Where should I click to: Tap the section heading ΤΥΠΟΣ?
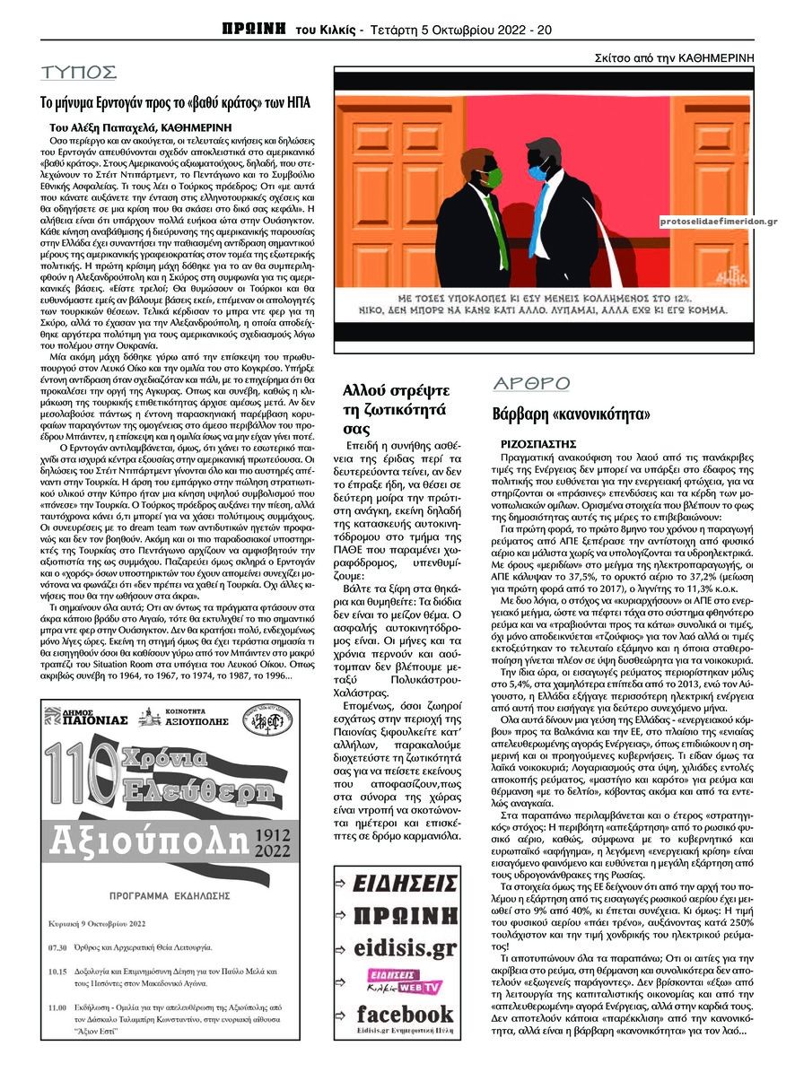coord(79,73)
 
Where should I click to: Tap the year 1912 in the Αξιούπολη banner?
coord(272,833)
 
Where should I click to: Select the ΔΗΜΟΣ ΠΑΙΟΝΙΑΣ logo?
coord(86,719)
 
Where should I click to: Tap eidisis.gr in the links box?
coord(405,947)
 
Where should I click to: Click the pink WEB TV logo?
coord(406,981)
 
